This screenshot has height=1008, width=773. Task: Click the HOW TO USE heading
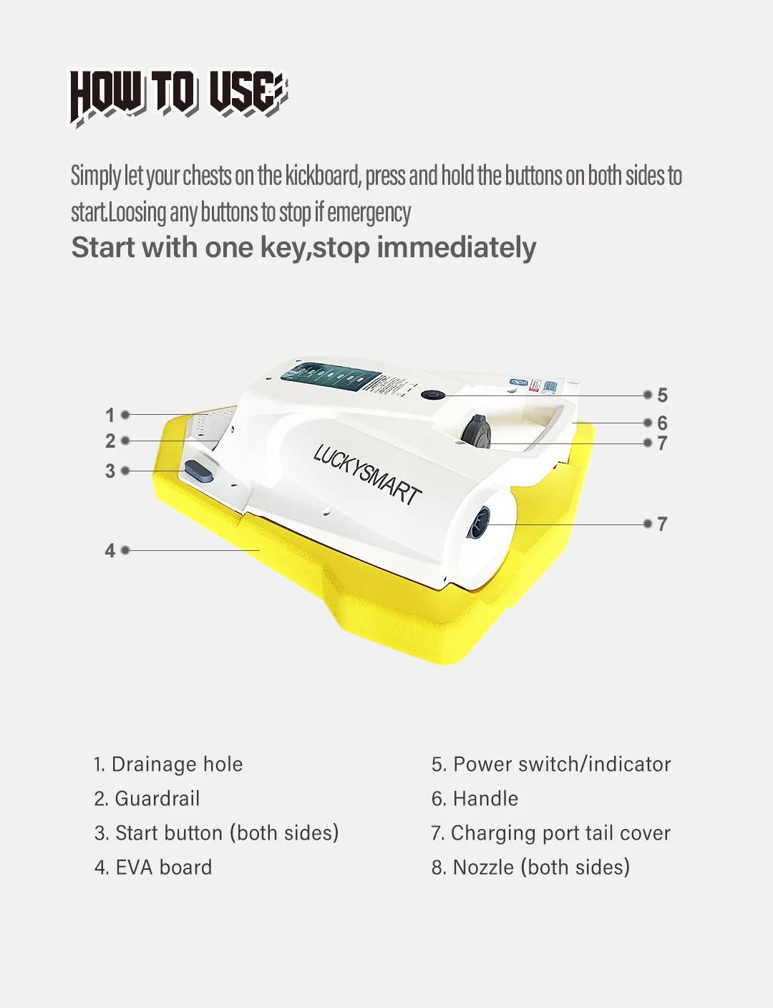pos(178,97)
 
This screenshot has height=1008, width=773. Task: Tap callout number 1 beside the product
pos(110,416)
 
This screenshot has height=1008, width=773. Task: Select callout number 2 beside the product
pos(110,441)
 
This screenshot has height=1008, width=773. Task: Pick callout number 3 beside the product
pos(110,471)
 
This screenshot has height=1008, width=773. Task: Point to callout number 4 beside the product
pos(110,551)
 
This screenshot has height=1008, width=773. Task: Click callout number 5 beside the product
pos(663,395)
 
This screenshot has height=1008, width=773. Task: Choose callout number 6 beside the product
pos(663,423)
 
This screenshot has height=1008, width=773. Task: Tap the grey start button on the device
pos(199,471)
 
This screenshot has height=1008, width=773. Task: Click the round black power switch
pos(433,395)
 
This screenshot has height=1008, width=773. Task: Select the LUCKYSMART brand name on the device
pos(367,474)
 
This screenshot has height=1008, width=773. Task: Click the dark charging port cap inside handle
pos(476,431)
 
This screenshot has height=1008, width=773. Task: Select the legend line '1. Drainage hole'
pos(167,764)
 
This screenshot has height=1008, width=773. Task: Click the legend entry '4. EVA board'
pos(153,867)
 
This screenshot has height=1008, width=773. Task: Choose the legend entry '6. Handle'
pos(475,798)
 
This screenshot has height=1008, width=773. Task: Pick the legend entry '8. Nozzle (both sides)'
pos(530,867)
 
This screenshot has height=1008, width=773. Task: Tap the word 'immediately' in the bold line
pos(457,247)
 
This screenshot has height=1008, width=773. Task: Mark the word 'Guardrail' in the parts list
pos(157,798)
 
